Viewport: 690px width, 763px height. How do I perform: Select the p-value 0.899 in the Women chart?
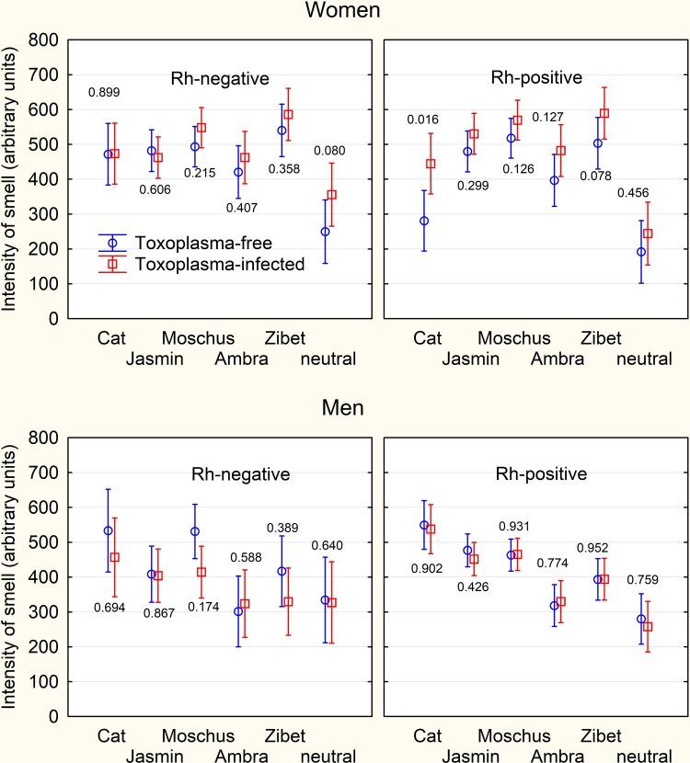tap(105, 93)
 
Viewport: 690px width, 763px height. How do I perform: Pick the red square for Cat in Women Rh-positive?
tap(431, 164)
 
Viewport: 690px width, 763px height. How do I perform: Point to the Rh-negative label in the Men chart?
tap(240, 475)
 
